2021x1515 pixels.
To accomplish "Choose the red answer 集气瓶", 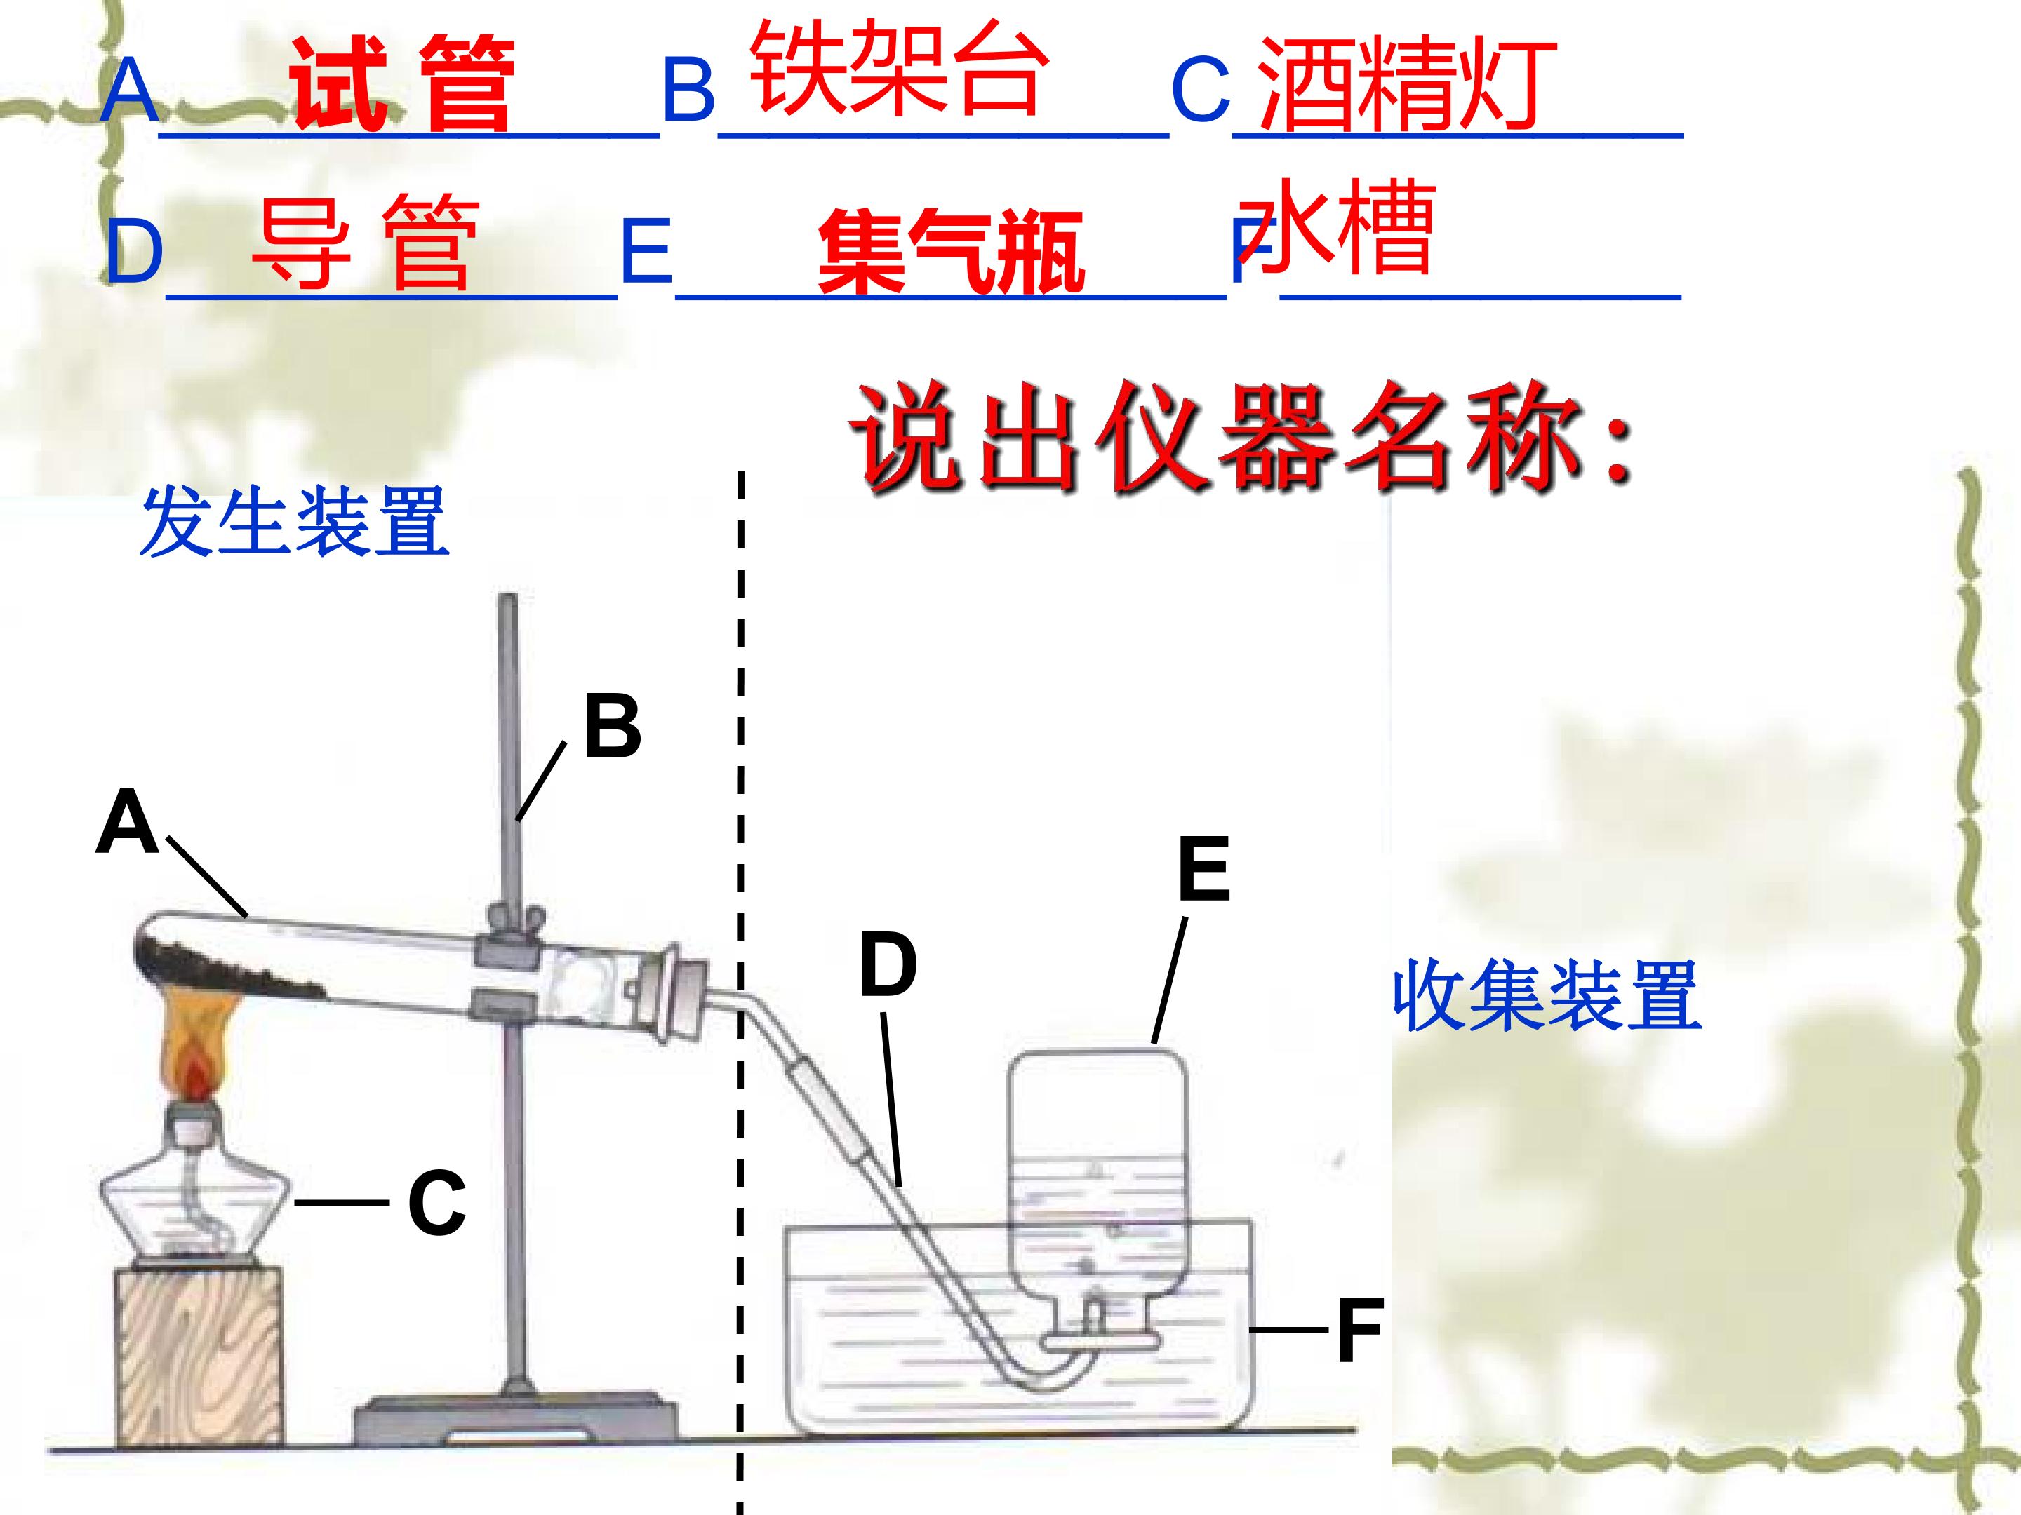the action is tap(951, 250).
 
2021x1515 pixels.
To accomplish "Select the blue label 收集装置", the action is tap(1547, 995).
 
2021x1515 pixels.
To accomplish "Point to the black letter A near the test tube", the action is tap(127, 822).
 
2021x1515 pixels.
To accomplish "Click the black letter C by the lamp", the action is tap(436, 1203).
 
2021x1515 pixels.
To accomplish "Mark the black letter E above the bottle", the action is tap(1204, 869).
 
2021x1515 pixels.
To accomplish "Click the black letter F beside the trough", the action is tap(1359, 1331).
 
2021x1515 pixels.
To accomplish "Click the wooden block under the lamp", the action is tap(199, 1352).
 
